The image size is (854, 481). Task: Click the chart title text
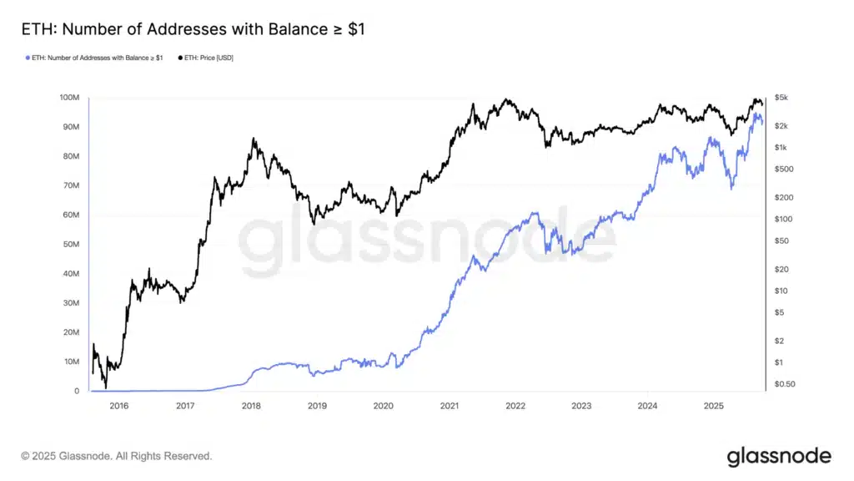click(193, 29)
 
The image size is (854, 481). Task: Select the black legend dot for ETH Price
click(181, 58)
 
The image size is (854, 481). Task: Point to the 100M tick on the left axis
click(69, 98)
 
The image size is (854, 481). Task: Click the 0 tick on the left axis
click(77, 391)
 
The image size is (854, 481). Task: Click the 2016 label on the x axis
click(119, 406)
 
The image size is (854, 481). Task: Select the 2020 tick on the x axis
click(383, 406)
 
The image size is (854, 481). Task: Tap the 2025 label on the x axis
click(713, 406)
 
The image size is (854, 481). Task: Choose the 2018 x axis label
click(251, 406)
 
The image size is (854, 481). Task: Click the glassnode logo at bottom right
click(779, 456)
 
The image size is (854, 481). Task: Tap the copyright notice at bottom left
click(117, 456)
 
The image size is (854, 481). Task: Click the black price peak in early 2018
click(254, 139)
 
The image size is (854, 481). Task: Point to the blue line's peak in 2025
click(756, 115)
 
